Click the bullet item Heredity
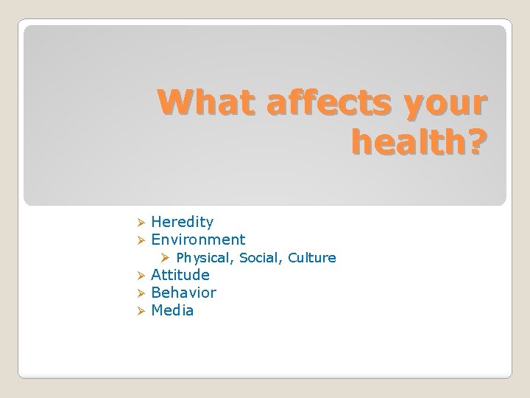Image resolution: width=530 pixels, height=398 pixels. [182, 222]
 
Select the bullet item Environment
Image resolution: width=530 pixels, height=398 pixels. [198, 240]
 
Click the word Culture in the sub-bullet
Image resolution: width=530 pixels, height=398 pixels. [312, 257]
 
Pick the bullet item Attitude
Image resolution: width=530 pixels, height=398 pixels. [180, 275]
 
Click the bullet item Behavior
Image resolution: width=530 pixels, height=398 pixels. [183, 293]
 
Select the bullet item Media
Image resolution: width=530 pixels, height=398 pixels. [172, 310]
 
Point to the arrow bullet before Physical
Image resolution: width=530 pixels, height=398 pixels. [166, 258]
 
